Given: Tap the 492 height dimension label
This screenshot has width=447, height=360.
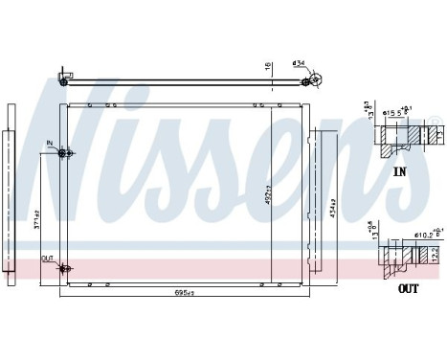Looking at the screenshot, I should point(271,195).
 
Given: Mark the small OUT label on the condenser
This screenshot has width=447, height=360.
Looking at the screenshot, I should point(47,259).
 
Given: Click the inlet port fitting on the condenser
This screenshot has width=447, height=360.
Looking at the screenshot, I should point(63,153).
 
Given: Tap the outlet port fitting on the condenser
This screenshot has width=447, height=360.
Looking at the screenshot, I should point(63,267).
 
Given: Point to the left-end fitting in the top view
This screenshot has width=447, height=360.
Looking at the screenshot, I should point(64,76).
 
